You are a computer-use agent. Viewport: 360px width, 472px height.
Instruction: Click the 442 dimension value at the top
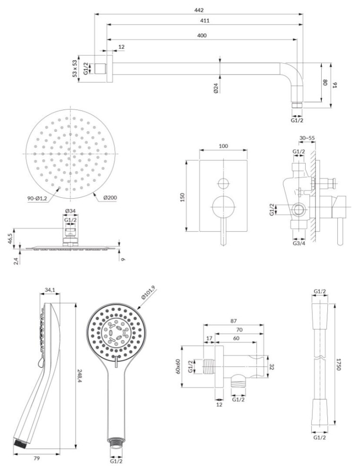coord(199,10)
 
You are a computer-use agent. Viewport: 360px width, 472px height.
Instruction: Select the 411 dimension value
coord(205,21)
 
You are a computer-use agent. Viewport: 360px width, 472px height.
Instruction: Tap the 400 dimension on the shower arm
coord(202,35)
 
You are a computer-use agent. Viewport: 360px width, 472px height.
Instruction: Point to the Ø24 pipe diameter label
coord(216,88)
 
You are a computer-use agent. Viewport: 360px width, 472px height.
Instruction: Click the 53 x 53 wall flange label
coord(75,68)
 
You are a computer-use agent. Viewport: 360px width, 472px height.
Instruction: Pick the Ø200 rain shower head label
coord(110,198)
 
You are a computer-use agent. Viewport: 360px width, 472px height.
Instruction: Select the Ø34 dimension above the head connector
coord(70,211)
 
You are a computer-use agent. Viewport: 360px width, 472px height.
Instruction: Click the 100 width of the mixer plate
coord(223,146)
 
